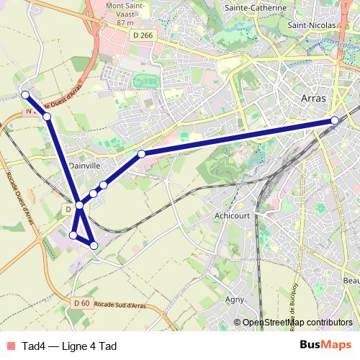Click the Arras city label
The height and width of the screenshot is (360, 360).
(x=312, y=98)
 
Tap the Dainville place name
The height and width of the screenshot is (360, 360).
(x=89, y=164)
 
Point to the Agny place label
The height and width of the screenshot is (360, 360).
(x=235, y=299)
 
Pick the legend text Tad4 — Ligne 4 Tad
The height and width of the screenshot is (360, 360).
(x=69, y=346)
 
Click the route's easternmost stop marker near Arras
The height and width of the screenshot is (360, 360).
(x=336, y=120)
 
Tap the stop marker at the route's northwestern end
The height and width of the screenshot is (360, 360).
(x=25, y=94)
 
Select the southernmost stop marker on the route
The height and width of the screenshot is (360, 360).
(x=94, y=246)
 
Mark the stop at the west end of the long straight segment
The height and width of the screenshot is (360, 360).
(x=142, y=153)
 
